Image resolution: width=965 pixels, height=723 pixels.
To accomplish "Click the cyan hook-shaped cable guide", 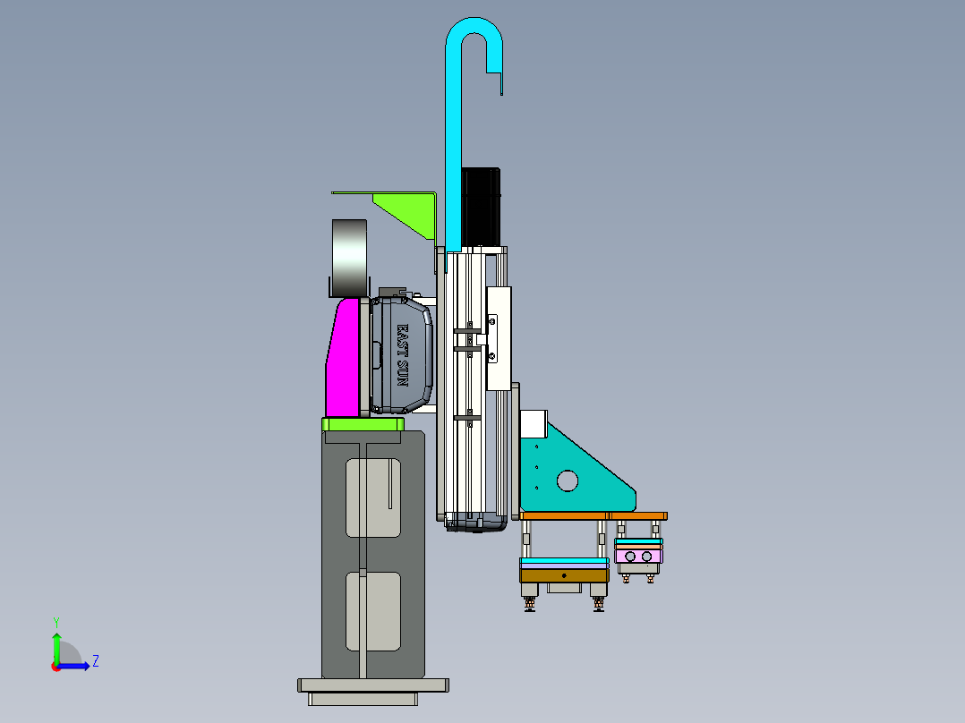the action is pyautogui.click(x=454, y=154).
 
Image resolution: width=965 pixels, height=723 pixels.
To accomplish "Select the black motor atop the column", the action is pyautogui.click(x=481, y=208).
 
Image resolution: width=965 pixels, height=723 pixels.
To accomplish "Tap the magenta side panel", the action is pyautogui.click(x=342, y=358).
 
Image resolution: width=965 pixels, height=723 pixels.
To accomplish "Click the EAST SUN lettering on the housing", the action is pyautogui.click(x=402, y=355).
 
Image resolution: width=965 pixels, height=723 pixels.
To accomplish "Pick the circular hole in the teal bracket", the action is pyautogui.click(x=568, y=481).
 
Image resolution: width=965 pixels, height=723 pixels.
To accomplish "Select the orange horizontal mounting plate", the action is pyautogui.click(x=594, y=515).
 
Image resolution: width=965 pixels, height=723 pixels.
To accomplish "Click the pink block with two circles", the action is pyautogui.click(x=639, y=557).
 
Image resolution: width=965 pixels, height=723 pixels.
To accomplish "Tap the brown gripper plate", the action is pyautogui.click(x=564, y=576).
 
